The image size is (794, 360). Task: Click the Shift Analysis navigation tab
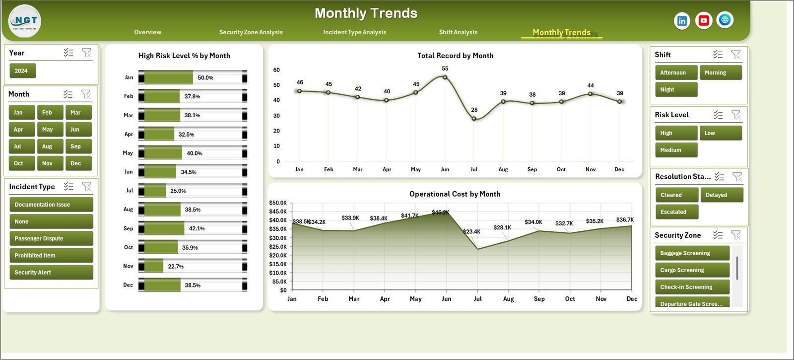click(x=458, y=32)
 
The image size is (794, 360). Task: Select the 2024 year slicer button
click(x=22, y=71)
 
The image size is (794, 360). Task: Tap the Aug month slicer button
click(x=50, y=146)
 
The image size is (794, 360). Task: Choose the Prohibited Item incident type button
click(x=51, y=256)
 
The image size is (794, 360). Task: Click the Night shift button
click(x=675, y=90)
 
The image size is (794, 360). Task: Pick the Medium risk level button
click(x=675, y=150)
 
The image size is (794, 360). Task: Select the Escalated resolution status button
click(x=676, y=212)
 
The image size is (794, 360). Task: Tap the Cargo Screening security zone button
click(x=691, y=270)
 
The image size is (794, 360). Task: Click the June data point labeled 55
click(x=445, y=77)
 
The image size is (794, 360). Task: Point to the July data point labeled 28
click(x=474, y=119)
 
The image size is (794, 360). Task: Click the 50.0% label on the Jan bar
click(x=205, y=78)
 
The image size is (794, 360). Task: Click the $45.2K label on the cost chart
click(x=440, y=213)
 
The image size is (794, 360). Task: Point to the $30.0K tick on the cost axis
click(x=278, y=238)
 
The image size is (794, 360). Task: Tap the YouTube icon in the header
click(x=703, y=20)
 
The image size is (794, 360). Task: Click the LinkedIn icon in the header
click(x=682, y=21)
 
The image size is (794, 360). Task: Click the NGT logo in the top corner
click(x=25, y=21)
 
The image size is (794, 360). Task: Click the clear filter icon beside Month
click(x=86, y=94)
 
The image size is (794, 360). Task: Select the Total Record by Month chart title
click(x=455, y=56)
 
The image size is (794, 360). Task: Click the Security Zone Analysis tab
click(x=251, y=32)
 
